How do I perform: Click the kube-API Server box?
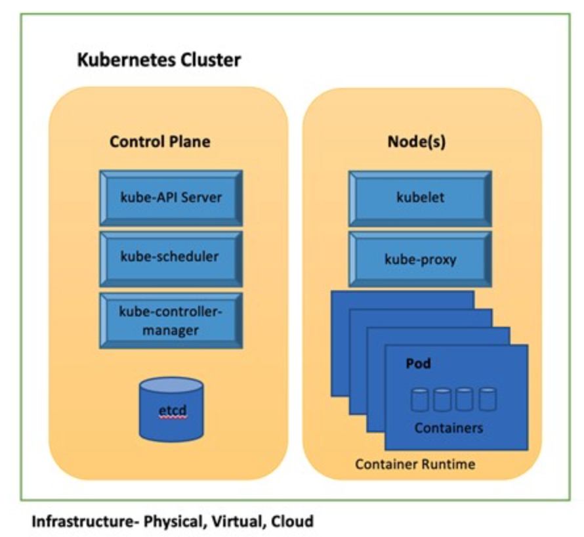[171, 197]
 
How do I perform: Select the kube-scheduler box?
[171, 257]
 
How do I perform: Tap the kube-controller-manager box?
[171, 320]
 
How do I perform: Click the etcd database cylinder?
[171, 410]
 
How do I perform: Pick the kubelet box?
[420, 197]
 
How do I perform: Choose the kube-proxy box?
[420, 259]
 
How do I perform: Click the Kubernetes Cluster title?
[159, 61]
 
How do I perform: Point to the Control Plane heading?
[160, 142]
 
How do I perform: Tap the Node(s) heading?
[415, 142]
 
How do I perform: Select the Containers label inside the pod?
[448, 428]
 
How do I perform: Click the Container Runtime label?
[415, 465]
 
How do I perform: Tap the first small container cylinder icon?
[420, 399]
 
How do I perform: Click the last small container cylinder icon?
[488, 399]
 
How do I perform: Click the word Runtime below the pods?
[449, 465]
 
